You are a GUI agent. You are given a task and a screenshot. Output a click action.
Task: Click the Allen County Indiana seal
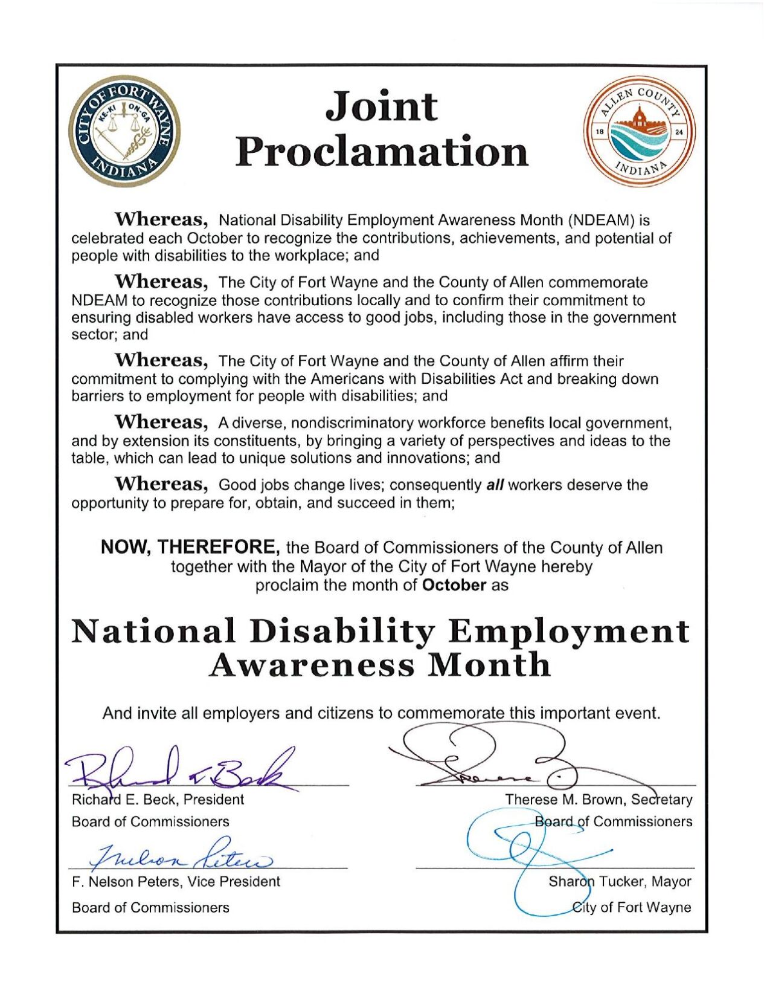638,131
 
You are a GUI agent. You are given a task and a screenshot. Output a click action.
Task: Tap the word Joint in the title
381,106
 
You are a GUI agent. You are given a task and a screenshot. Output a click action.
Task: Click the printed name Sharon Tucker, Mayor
620,881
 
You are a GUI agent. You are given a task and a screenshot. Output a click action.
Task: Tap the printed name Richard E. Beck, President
158,800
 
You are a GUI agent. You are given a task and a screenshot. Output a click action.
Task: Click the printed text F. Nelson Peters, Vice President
176,882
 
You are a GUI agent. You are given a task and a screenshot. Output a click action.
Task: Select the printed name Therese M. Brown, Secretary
599,800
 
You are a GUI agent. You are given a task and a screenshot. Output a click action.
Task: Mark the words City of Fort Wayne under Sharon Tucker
632,907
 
